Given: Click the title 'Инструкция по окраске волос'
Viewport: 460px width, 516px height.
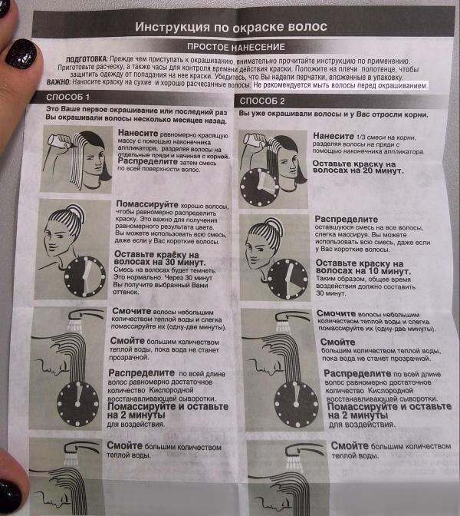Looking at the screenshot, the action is pyautogui.click(x=231, y=27).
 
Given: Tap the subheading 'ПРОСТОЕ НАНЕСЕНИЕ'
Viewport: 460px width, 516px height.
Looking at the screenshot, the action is pyautogui.click(x=236, y=47).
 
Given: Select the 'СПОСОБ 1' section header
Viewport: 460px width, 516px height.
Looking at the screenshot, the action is pyautogui.click(x=67, y=97).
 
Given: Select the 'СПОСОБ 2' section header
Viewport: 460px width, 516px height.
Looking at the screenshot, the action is pyautogui.click(x=262, y=101).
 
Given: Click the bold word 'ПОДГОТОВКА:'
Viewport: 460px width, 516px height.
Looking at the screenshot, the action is pyautogui.click(x=87, y=60).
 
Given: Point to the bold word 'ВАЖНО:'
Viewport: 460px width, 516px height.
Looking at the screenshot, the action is pyautogui.click(x=58, y=81).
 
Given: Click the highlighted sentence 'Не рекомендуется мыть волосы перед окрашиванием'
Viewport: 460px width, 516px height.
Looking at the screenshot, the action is pyautogui.click(x=340, y=85).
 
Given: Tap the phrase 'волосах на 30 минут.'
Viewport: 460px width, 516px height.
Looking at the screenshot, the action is pyautogui.click(x=159, y=263).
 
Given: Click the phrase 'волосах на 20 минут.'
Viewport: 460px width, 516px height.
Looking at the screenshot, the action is pyautogui.click(x=358, y=170).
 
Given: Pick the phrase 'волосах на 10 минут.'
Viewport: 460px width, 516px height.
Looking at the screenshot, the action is pyautogui.click(x=363, y=271).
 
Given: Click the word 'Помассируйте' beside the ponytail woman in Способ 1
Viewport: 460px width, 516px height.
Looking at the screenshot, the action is pyautogui.click(x=147, y=204).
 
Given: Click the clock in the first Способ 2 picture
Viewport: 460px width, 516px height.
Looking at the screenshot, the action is pyautogui.click(x=260, y=187).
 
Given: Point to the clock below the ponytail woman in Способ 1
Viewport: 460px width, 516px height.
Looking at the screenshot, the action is pyautogui.click(x=85, y=276).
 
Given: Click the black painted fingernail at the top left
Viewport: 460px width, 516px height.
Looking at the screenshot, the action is pyautogui.click(x=21, y=54).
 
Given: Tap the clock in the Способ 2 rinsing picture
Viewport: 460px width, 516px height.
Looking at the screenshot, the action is pyautogui.click(x=297, y=404).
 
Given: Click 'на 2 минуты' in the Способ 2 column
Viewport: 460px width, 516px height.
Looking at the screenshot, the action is pyautogui.click(x=358, y=415).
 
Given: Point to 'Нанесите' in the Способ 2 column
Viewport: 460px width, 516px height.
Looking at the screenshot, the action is pyautogui.click(x=333, y=136).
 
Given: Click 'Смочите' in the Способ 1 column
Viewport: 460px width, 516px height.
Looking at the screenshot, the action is pyautogui.click(x=131, y=311).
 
